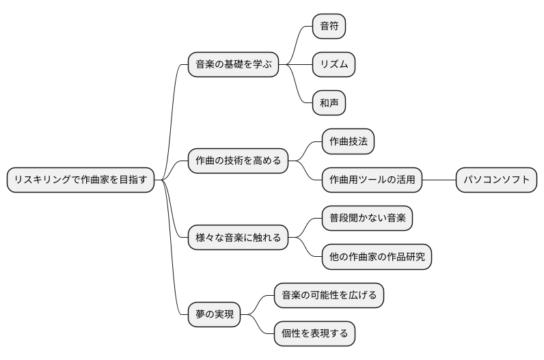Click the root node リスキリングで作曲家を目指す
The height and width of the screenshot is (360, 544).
coord(81,180)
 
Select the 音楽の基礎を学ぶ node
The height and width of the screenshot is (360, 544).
coord(233,65)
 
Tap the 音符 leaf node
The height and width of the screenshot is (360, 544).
coord(329,26)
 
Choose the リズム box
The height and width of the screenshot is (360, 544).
coord(334,65)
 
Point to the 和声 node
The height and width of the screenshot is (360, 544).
coord(329,103)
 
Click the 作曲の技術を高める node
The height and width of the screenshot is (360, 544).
coord(238,161)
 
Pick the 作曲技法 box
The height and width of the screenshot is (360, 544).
coord(348,141)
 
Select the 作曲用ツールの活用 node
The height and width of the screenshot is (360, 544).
coord(372,180)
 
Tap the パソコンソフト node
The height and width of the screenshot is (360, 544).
coord(497,180)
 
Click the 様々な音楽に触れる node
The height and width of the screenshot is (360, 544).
coord(238,238)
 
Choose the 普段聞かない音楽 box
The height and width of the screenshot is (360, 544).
coord(367,219)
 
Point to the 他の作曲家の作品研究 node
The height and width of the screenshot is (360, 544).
coord(377,258)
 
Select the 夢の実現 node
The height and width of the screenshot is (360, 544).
coord(214,315)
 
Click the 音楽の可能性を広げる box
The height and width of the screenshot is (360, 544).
coord(329,296)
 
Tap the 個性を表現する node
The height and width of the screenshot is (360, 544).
coord(314,334)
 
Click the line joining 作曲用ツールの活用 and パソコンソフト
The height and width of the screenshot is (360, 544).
coord(439,180)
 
